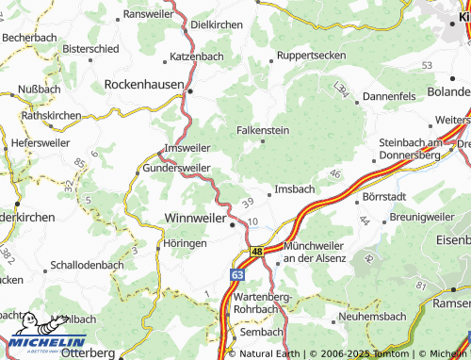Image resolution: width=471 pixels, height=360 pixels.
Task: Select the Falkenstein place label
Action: pos(263,130)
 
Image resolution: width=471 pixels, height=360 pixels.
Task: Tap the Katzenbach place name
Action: pos(197,57)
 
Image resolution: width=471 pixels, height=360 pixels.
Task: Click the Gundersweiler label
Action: pos(176,167)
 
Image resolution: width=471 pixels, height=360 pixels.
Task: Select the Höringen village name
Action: pos(185,243)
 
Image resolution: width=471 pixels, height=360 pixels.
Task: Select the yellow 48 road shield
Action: pos(256,253)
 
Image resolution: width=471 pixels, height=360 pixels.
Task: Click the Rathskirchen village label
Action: pos(51,116)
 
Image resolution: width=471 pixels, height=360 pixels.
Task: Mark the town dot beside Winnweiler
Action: pos(233,224)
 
